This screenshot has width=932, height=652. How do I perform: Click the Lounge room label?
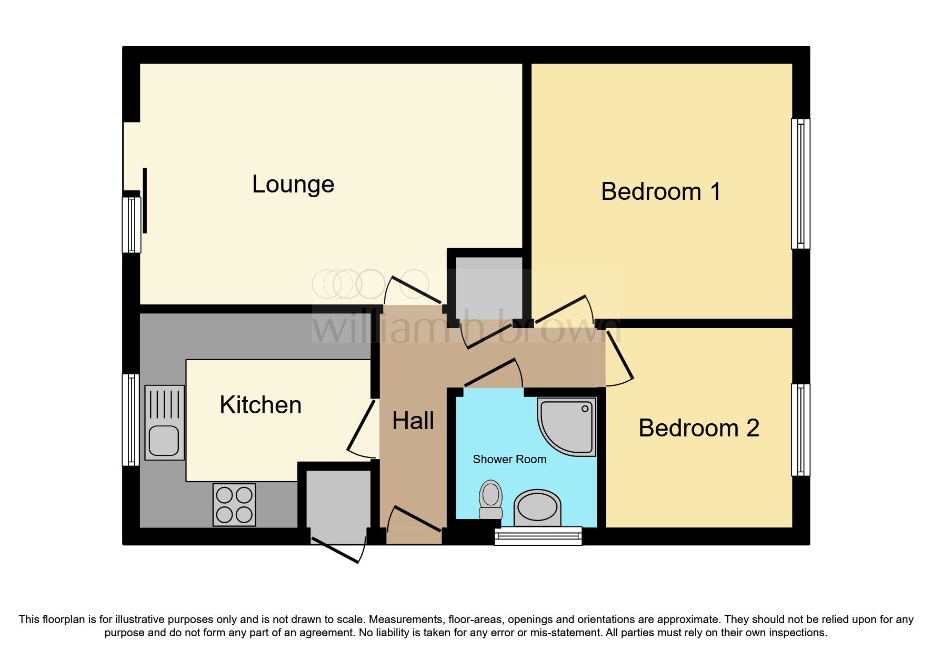pyautogui.click(x=293, y=185)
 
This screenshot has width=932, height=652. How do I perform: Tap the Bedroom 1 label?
pyautogui.click(x=660, y=191)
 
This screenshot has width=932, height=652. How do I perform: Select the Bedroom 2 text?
pyautogui.click(x=698, y=428)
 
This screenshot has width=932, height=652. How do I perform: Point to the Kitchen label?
pyautogui.click(x=260, y=405)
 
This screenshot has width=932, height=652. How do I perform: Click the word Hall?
pyautogui.click(x=413, y=421)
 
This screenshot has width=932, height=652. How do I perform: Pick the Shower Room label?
pyautogui.click(x=509, y=459)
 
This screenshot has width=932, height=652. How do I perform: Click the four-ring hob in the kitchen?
pyautogui.click(x=234, y=505)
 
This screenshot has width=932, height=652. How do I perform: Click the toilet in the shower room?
pyautogui.click(x=490, y=500)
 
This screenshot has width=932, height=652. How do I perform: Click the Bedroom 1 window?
pyautogui.click(x=800, y=184)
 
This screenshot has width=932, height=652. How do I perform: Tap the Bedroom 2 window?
pyautogui.click(x=800, y=430)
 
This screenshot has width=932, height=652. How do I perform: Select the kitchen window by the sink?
pyautogui.click(x=131, y=420)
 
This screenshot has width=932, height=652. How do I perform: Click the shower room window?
pyautogui.click(x=538, y=536)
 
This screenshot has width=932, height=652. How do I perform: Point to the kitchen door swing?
pyautogui.click(x=361, y=429)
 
